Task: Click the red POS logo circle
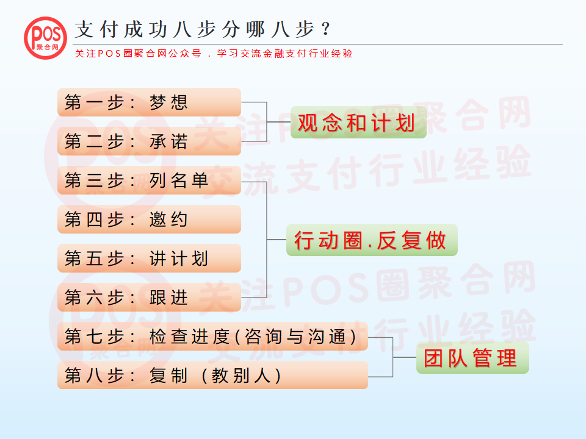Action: pyautogui.click(x=46, y=38)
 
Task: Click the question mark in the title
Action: pyautogui.click(x=326, y=29)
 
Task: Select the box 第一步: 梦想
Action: pyautogui.click(x=149, y=102)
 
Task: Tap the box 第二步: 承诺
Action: pyautogui.click(x=149, y=141)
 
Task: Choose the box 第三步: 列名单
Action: pyautogui.click(x=149, y=180)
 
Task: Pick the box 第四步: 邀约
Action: pyautogui.click(x=149, y=219)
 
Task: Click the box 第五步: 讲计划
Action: pyautogui.click(x=149, y=259)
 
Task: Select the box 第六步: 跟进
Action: pyautogui.click(x=149, y=297)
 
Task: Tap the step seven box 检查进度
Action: pyautogui.click(x=212, y=337)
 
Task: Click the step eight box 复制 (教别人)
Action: pyautogui.click(x=212, y=375)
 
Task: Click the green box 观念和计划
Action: pyautogui.click(x=358, y=122)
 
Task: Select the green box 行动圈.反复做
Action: pyautogui.click(x=372, y=240)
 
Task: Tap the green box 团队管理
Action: pyautogui.click(x=472, y=358)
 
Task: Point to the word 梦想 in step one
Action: pyautogui.click(x=168, y=102)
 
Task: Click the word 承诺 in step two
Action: pyautogui.click(x=168, y=141)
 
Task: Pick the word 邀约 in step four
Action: pyautogui.click(x=168, y=220)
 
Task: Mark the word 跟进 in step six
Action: pyautogui.click(x=168, y=298)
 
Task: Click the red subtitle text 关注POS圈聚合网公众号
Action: pyautogui.click(x=138, y=54)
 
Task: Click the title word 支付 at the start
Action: pyautogui.click(x=96, y=29)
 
